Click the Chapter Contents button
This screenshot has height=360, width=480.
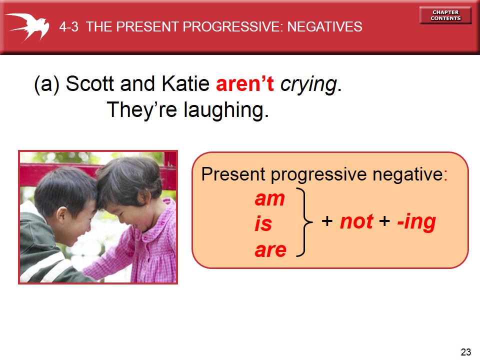445,15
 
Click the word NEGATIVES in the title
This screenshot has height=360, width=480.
325,27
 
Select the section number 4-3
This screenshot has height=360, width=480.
69,27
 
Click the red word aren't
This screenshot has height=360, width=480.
245,83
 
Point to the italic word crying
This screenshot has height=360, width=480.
308,84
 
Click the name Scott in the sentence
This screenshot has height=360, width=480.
90,83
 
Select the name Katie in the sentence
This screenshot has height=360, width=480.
185,83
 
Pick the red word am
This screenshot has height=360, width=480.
269,199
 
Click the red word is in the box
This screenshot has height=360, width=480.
263,223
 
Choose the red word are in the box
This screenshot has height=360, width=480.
270,250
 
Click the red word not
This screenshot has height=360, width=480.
356,221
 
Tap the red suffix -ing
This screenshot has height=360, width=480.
416,223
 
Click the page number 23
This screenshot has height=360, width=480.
466,352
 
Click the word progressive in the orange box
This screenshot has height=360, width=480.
318,175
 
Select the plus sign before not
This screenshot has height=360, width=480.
327,221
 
